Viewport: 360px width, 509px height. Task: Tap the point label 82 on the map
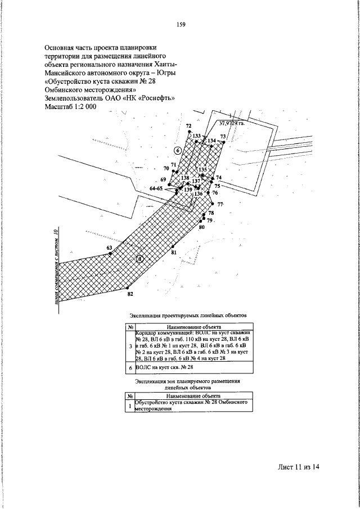[130, 294]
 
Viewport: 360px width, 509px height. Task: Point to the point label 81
[174, 253]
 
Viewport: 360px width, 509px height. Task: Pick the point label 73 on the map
[223, 137]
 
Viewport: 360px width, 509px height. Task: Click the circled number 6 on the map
[178, 150]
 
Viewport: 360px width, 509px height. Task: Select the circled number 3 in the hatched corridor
[140, 259]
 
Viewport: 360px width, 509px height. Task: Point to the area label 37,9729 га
[231, 122]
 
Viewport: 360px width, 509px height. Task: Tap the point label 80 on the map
[201, 227]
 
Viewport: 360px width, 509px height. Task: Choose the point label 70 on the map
[166, 168]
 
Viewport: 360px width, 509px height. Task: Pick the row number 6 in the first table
[130, 367]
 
